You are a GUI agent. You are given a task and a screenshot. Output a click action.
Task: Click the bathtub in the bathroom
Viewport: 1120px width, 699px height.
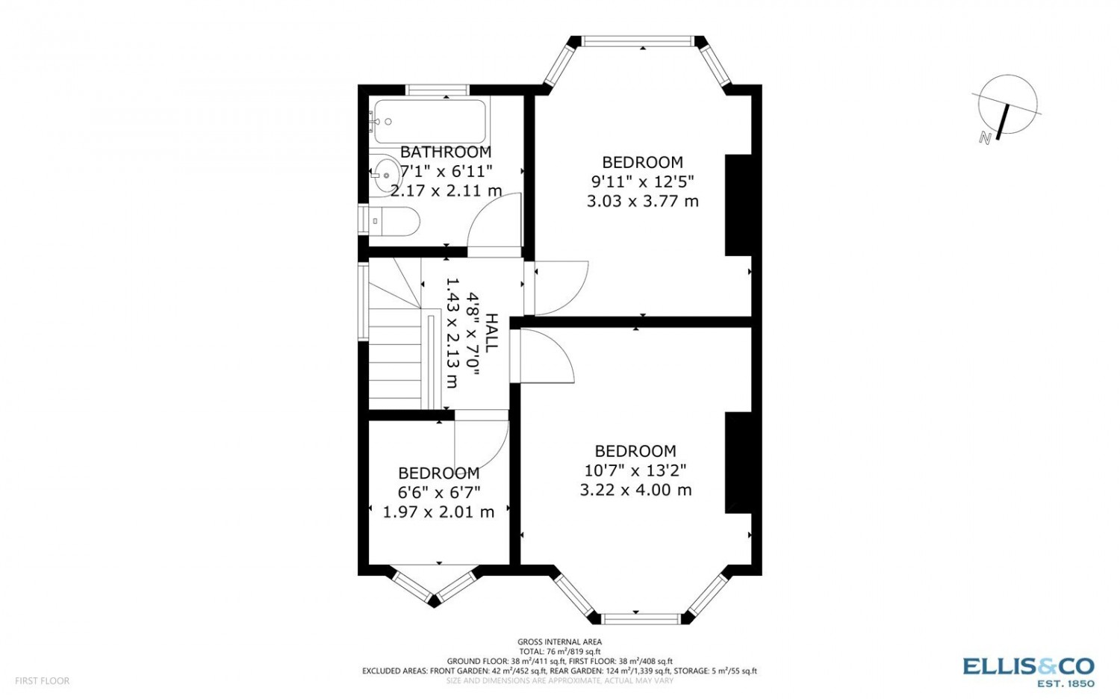pos(430,122)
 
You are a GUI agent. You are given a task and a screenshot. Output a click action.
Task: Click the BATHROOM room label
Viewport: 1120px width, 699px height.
pos(446,152)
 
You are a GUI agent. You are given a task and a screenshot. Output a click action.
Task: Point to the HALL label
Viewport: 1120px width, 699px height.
pos(492,332)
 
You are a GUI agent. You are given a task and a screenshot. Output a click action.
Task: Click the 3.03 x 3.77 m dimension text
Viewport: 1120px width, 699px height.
pos(642,202)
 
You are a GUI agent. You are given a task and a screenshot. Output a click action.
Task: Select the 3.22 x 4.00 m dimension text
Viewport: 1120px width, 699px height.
pos(635,490)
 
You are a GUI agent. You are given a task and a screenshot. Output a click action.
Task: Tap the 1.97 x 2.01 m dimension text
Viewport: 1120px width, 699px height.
pos(438,512)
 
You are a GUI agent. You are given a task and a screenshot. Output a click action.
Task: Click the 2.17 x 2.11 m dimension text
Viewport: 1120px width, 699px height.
pos(446,190)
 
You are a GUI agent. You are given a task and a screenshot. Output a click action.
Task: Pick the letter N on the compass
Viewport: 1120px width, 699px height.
pos(986,138)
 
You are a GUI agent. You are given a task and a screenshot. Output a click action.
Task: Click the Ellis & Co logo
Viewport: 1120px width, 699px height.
pos(1028,672)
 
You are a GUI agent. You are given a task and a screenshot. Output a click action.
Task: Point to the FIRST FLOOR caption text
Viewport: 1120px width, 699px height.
pos(42,681)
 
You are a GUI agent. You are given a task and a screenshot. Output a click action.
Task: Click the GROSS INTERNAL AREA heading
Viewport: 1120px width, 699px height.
pos(559,642)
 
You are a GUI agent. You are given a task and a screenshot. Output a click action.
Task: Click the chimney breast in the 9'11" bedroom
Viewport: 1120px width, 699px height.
pos(738,205)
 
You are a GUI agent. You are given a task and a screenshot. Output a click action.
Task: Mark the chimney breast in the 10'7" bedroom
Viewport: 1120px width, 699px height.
pos(738,463)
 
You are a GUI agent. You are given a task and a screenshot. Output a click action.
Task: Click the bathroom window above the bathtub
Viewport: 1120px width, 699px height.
pos(438,90)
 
